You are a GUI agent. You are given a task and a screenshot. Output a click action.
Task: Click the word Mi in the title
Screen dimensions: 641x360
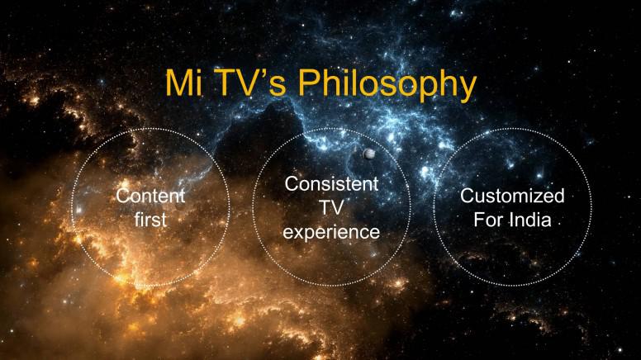[183, 83]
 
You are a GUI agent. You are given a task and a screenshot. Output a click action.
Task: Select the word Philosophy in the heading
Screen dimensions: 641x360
[387, 85]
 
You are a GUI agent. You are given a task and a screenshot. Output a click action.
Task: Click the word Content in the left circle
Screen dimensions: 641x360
[150, 196]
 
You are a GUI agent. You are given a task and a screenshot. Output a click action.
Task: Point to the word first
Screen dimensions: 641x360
[150, 220]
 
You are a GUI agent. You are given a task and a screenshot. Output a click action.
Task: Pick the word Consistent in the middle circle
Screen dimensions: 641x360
[331, 184]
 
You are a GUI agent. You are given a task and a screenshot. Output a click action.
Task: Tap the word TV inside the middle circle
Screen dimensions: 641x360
[331, 207]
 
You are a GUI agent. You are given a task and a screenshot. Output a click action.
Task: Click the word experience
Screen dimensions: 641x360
[331, 232]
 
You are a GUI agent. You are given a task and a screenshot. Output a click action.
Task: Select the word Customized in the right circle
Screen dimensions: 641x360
[512, 196]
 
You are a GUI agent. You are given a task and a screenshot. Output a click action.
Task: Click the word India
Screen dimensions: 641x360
[530, 220]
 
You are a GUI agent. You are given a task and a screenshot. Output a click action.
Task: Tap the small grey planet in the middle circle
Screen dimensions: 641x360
[368, 154]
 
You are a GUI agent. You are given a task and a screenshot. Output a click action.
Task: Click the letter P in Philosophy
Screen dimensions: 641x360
[310, 83]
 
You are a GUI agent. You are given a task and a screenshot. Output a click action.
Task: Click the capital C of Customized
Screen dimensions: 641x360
[468, 196]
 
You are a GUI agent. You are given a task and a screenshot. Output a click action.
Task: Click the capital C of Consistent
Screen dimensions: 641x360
[292, 184]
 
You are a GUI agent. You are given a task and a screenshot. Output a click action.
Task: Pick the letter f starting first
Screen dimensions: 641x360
[138, 220]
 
